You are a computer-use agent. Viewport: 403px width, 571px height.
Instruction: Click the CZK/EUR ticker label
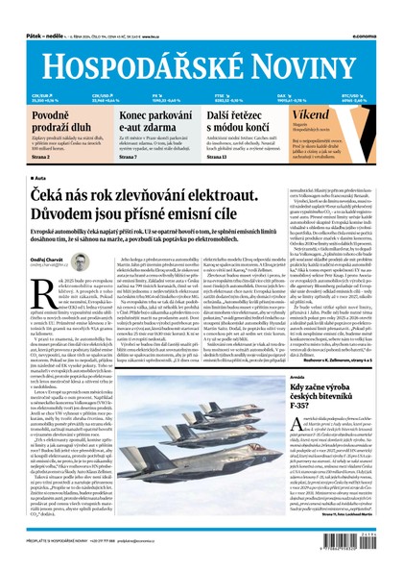[40, 95]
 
